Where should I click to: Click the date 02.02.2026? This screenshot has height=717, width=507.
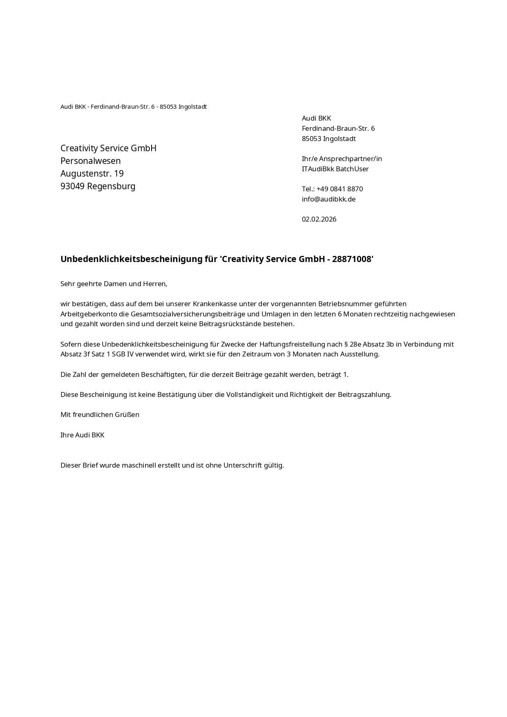pyautogui.click(x=319, y=219)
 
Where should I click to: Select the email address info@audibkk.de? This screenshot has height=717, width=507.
pyautogui.click(x=328, y=199)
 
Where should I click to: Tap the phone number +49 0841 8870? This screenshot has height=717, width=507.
pyautogui.click(x=339, y=189)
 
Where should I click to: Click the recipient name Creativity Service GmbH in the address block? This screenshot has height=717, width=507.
pyautogui.click(x=108, y=148)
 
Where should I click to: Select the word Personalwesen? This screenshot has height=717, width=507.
pyautogui.click(x=90, y=161)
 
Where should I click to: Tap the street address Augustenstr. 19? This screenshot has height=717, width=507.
pyautogui.click(x=92, y=173)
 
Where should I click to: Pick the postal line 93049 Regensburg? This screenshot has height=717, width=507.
pyautogui.click(x=98, y=186)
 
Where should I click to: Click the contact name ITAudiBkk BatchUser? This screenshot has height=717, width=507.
pyautogui.click(x=335, y=169)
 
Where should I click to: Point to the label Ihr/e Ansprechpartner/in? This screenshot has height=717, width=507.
pyautogui.click(x=342, y=159)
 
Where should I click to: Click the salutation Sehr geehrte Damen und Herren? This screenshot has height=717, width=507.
pyautogui.click(x=114, y=284)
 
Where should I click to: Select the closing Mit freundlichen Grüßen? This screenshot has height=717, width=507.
pyautogui.click(x=100, y=415)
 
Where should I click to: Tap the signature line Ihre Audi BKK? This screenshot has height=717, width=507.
pyautogui.click(x=82, y=435)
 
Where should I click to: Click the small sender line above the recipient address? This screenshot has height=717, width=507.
pyautogui.click(x=134, y=107)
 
